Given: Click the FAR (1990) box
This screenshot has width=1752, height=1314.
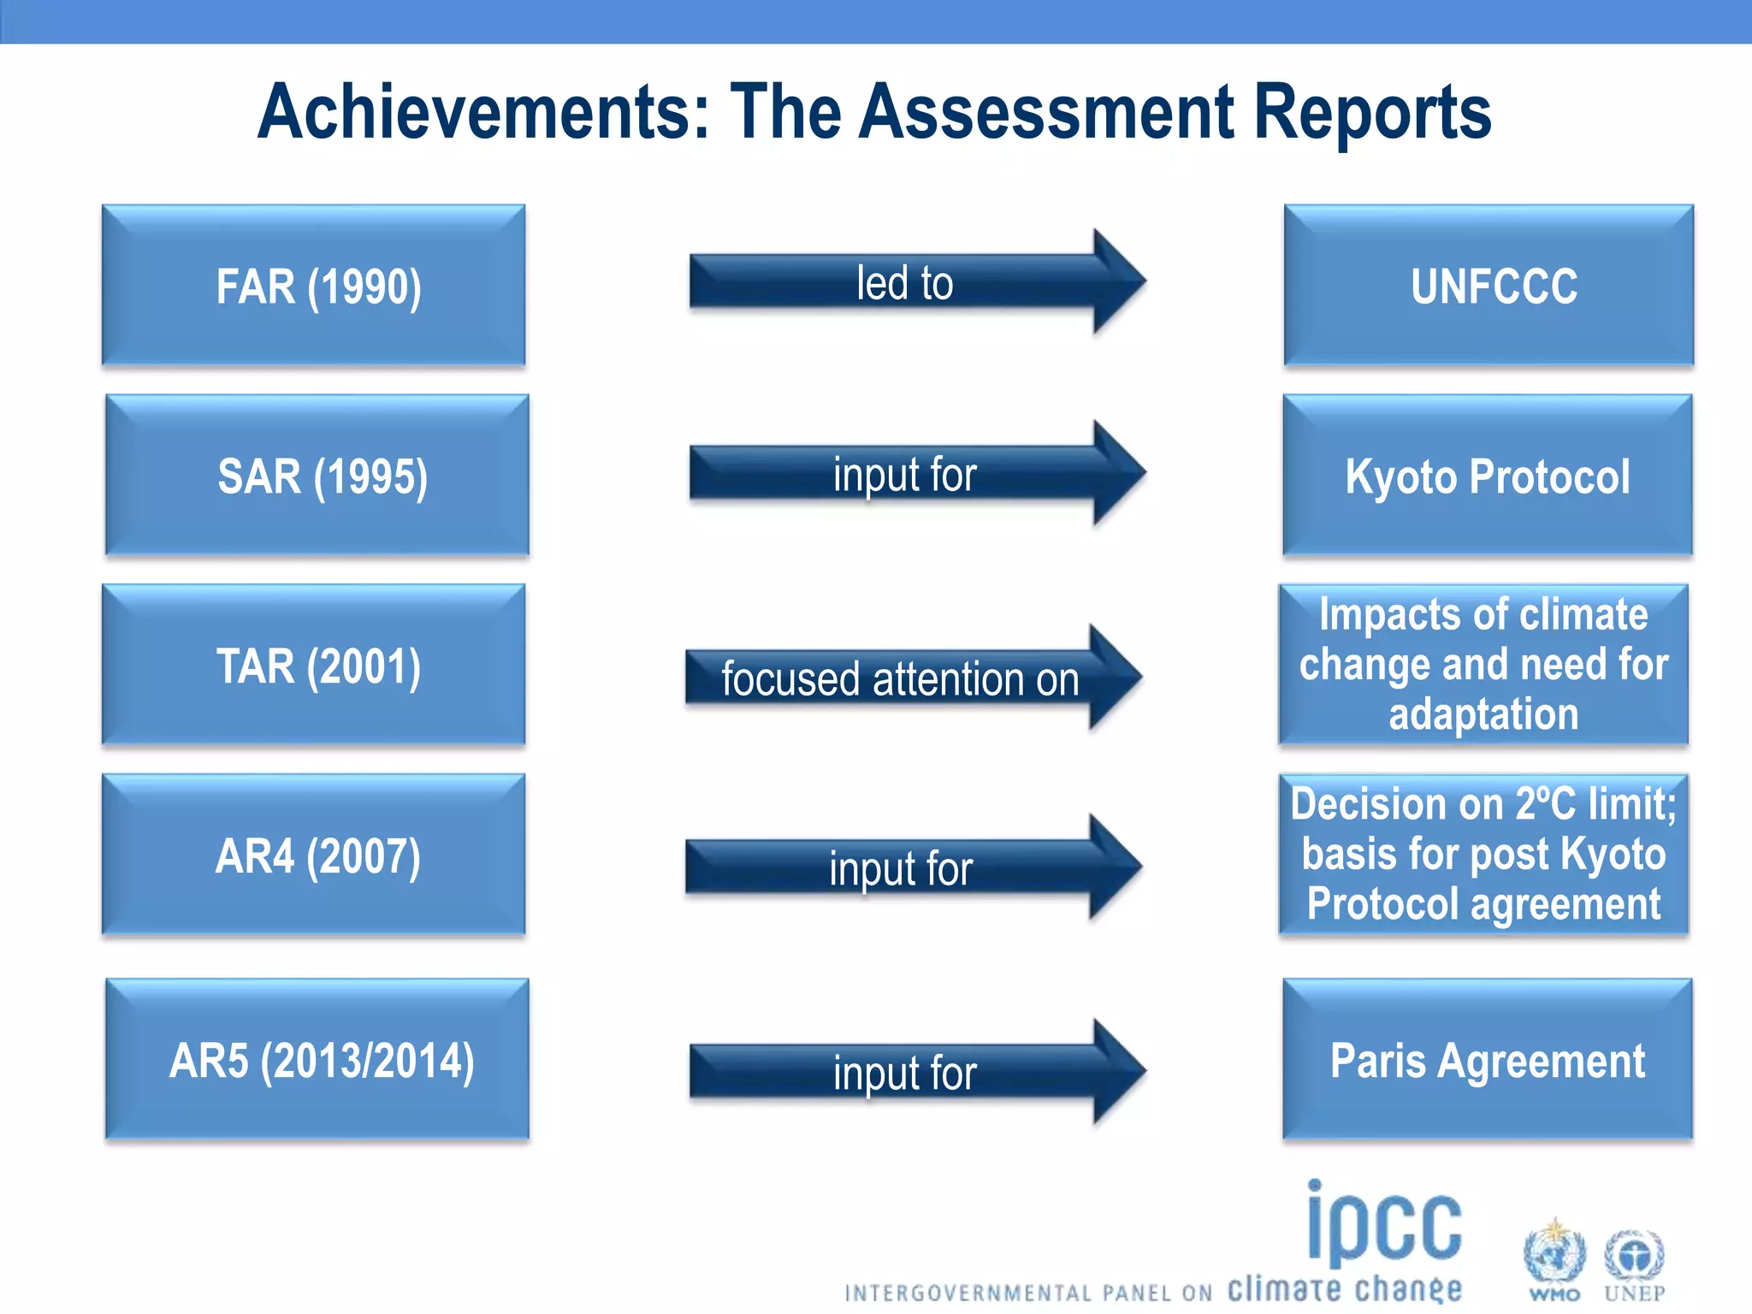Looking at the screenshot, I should (313, 286).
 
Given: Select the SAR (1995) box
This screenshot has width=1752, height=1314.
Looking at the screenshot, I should (317, 476).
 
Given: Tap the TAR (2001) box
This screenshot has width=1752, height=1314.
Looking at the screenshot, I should (313, 666).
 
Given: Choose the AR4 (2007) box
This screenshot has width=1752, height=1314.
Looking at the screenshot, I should (313, 855).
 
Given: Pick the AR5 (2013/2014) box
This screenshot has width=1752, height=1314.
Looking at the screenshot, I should (317, 1060).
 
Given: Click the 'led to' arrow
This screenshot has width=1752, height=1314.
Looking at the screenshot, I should (915, 282).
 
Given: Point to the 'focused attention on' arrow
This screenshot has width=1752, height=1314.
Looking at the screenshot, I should (912, 678).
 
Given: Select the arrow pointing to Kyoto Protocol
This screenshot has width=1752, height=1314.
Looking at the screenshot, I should (915, 473).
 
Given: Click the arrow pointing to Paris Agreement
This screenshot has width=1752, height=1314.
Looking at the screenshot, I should (915, 1072).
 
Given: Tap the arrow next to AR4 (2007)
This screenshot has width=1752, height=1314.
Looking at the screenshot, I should (912, 867).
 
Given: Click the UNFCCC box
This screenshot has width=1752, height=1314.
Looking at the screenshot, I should (1489, 286).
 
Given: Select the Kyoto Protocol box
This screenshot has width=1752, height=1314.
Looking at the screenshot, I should (1487, 476).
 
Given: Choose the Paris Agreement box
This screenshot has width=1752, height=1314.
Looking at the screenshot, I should (1487, 1060).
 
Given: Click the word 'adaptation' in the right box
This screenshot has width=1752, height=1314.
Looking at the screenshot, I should (1483, 714).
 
